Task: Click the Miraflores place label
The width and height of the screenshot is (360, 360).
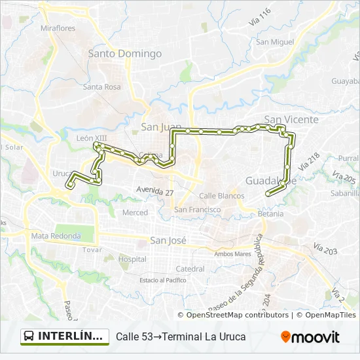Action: click(x=58, y=28)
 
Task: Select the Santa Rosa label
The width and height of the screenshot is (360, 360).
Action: click(x=101, y=86)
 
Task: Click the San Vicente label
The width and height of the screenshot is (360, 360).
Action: click(x=291, y=120)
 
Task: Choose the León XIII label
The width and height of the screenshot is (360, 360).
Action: click(x=91, y=138)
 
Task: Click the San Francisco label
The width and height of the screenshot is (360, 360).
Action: click(x=197, y=209)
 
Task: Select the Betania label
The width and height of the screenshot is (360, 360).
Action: click(x=271, y=213)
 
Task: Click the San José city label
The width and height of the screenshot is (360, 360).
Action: click(x=168, y=240)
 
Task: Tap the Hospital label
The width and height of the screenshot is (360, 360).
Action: click(x=132, y=259)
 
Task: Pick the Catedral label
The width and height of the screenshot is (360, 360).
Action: click(x=190, y=268)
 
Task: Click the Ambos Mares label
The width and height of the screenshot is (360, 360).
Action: click(x=232, y=254)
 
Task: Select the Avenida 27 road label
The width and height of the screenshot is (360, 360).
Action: click(x=155, y=191)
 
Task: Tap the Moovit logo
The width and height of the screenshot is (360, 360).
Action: click(x=310, y=337)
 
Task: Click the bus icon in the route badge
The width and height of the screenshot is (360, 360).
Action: click(x=29, y=336)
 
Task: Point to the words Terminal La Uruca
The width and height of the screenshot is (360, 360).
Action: click(x=204, y=337)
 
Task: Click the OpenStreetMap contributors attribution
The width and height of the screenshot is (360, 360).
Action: click(x=237, y=315)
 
